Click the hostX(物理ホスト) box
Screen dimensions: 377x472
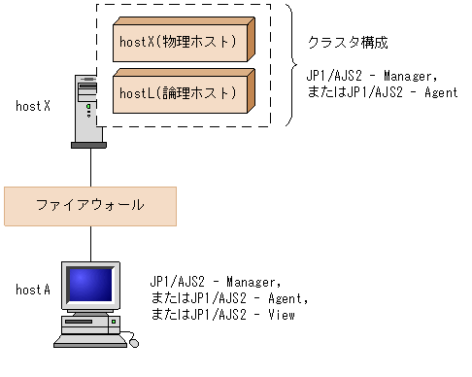click(181, 43)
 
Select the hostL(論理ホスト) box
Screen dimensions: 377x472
click(181, 92)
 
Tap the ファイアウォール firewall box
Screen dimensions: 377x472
click(89, 205)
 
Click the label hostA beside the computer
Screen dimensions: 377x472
click(32, 290)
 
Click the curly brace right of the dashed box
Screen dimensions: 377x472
click(289, 66)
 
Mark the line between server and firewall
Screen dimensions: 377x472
click(91, 168)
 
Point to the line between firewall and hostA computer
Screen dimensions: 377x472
click(91, 243)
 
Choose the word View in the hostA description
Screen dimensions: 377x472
click(279, 316)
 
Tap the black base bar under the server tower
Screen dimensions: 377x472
click(90, 146)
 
